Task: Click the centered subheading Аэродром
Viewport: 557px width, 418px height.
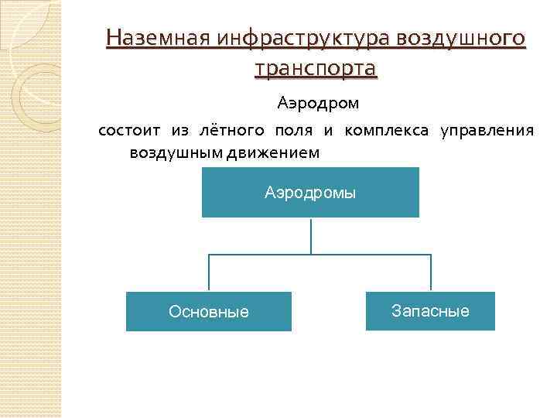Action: coord(319,102)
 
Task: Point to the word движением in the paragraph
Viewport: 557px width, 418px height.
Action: coord(273,152)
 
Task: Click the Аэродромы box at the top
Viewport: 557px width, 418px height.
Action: coord(310,192)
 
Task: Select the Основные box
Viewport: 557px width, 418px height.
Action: coord(209,311)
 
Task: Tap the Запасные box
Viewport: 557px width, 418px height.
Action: coord(430,311)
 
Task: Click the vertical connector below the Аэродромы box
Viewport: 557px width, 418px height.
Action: coord(311,235)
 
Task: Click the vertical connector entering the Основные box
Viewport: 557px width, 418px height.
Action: coord(209,273)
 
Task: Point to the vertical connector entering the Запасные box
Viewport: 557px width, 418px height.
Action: coord(431,273)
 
